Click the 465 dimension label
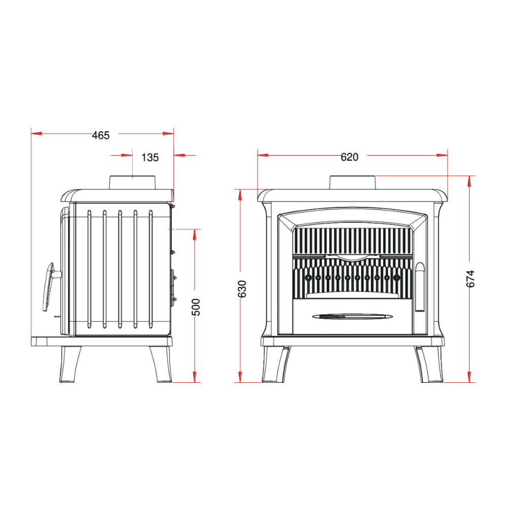(101, 135)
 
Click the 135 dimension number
(150, 158)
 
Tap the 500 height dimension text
(196, 307)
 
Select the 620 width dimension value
(349, 157)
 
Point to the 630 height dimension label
(242, 289)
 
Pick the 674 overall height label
(470, 279)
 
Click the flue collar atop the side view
(132, 183)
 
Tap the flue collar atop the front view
(353, 183)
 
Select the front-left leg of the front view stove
(276, 365)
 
